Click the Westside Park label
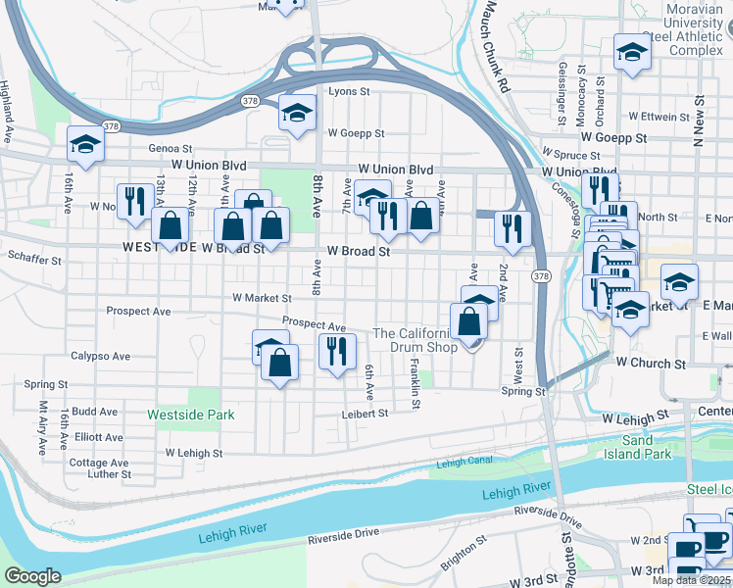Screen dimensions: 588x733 [x=190, y=415]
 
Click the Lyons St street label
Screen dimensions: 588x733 [x=349, y=91]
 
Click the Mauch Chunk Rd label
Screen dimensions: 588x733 [x=496, y=46]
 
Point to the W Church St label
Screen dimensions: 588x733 [x=651, y=363]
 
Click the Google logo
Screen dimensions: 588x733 [x=32, y=576]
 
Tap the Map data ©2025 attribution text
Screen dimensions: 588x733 [x=691, y=580]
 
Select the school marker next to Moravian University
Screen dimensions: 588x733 [x=632, y=52]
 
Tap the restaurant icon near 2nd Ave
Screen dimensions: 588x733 [x=513, y=227]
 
